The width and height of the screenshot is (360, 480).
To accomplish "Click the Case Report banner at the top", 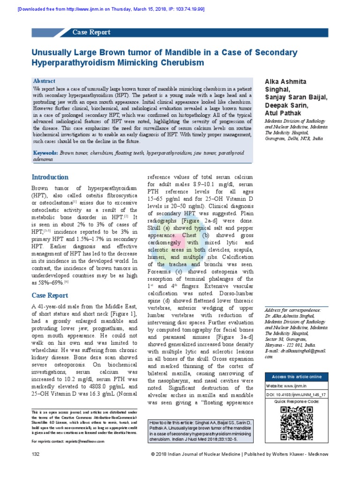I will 91,32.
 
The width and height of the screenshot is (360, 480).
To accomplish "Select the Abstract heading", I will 44,81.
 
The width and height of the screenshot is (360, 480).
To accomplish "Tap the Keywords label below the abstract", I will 45,153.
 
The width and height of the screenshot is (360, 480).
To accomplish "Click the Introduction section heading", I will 50,177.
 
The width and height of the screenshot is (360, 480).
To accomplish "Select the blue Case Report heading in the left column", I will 50,295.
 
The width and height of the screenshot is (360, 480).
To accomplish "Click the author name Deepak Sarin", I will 286,106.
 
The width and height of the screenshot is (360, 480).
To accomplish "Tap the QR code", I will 296,420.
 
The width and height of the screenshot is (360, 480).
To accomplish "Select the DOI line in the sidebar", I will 296,395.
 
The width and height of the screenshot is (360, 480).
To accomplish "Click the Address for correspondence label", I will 292,310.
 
